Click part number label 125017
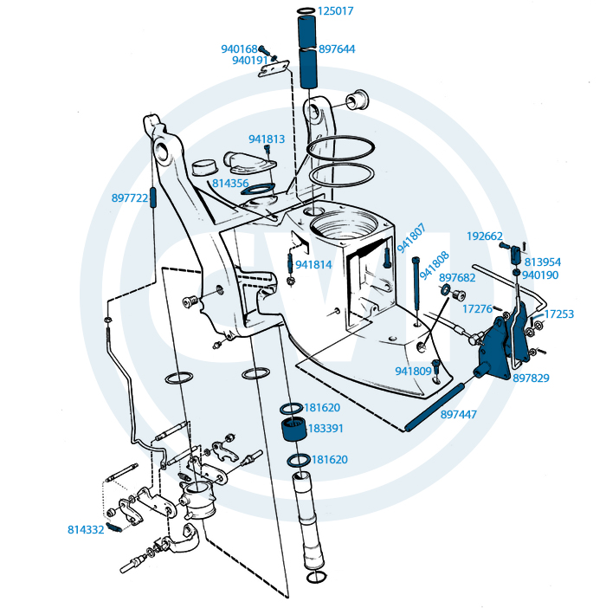point(336,11)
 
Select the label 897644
point(337,49)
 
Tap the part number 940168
point(239,49)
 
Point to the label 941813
point(267,139)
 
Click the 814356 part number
point(231,184)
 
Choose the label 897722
point(130,197)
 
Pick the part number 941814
point(313,264)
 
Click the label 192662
point(485,236)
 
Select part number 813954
point(543,262)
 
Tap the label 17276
point(477,308)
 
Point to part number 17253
point(558,314)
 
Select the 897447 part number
point(459,415)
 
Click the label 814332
point(87,528)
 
